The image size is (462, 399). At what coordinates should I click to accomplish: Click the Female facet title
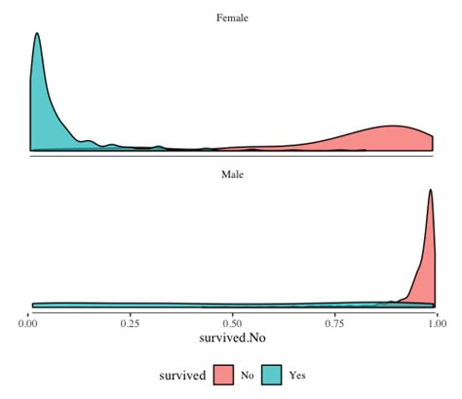[232, 17]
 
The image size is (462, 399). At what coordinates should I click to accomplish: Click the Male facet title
[232, 175]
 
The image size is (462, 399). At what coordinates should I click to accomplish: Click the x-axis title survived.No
[232, 340]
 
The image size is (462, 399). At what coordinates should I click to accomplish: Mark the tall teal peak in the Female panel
[37, 35]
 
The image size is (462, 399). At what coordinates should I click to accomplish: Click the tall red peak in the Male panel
[431, 192]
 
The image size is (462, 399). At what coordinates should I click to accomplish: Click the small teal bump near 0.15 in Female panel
[90, 142]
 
